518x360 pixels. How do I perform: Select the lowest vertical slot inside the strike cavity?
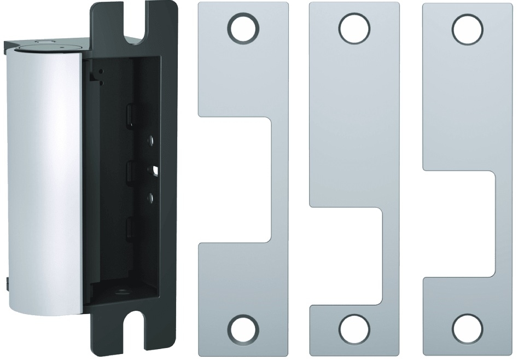[x=129, y=227]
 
